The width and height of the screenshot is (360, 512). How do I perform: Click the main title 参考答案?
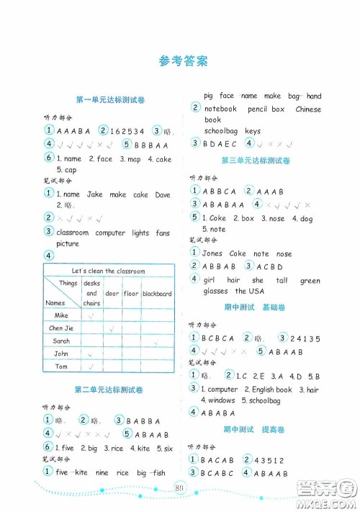(x=183, y=61)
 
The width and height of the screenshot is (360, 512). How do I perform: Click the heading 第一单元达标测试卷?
(x=111, y=98)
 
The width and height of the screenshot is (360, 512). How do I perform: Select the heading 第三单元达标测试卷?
(x=255, y=160)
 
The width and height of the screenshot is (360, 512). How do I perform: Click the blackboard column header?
(x=157, y=294)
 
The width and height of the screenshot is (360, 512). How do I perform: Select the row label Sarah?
(x=62, y=341)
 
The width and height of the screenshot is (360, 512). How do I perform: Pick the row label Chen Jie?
(x=62, y=328)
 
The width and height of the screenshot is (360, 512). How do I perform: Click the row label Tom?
(x=62, y=367)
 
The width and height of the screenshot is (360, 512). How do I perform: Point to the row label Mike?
(x=62, y=315)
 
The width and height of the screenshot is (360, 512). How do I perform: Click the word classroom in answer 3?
(x=72, y=233)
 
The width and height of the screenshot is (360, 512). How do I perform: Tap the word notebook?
(x=220, y=109)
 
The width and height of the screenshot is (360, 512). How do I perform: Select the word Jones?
(x=214, y=253)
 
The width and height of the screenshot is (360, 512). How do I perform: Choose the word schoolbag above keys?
(x=222, y=131)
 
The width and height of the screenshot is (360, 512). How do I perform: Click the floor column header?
(x=130, y=294)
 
